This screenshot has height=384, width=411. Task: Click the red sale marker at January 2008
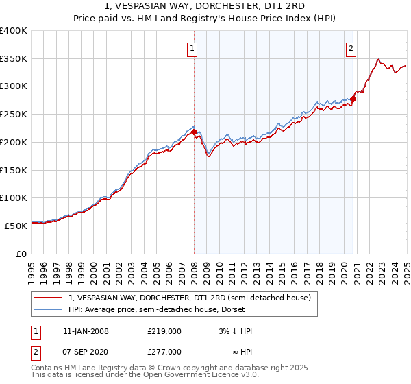[194, 132]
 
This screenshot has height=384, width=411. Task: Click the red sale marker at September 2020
[353, 99]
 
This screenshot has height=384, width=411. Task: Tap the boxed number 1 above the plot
[192, 49]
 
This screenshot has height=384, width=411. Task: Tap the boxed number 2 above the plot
[351, 49]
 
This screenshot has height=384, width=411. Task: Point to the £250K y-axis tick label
[14, 115]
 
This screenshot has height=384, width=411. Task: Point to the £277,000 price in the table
[164, 351]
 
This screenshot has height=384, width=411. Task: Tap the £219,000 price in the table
[164, 331]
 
